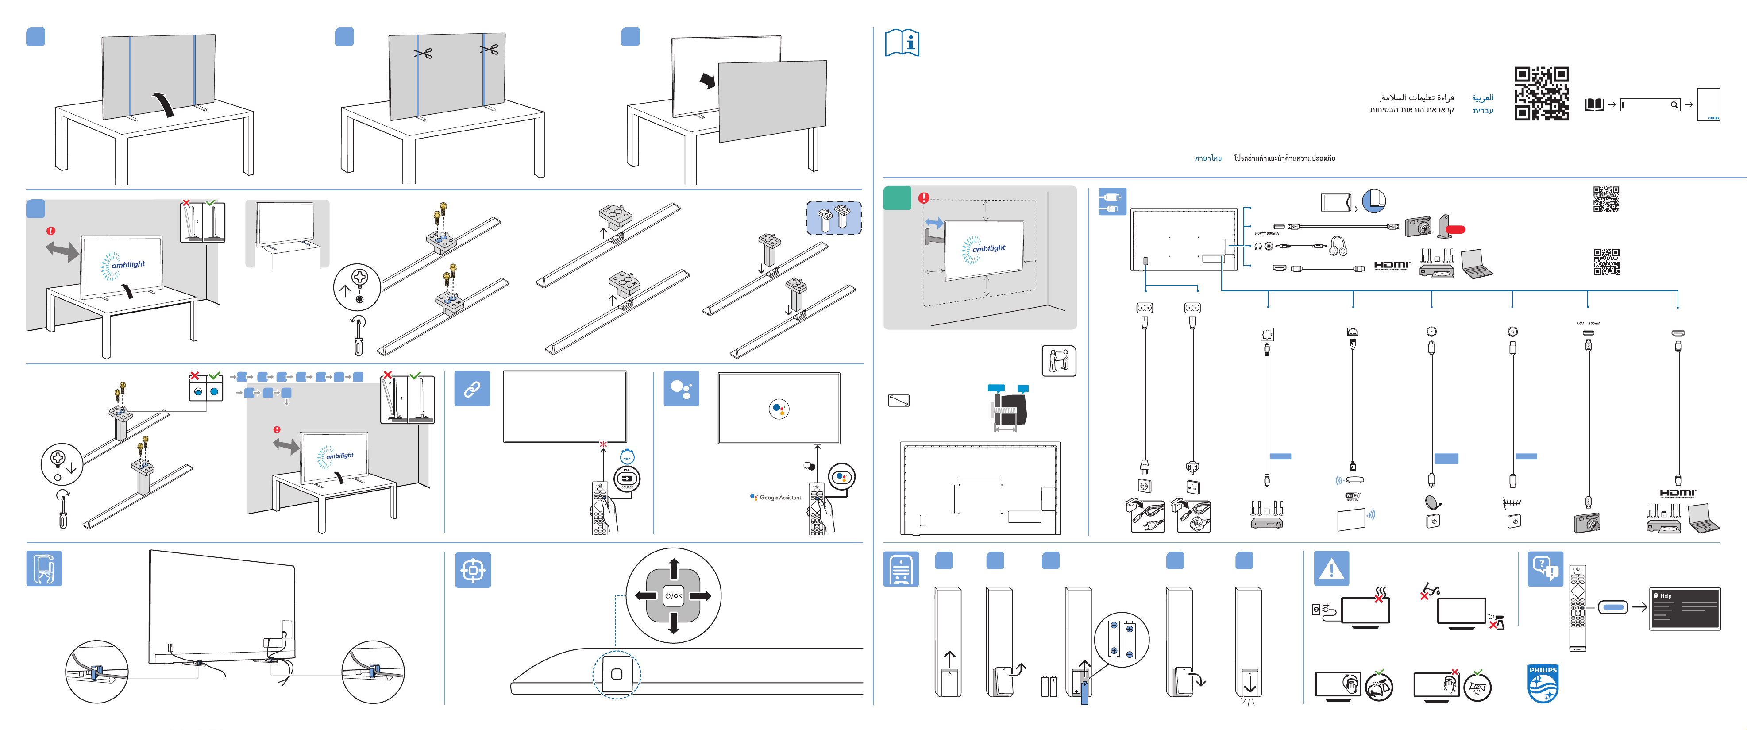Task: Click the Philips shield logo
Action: coord(1543,684)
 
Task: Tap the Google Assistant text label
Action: coord(780,497)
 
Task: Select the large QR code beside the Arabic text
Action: coord(1542,93)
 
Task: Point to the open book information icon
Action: coord(902,43)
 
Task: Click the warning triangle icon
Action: coord(1331,568)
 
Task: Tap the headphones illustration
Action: coord(1338,246)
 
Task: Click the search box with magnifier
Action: coord(1650,104)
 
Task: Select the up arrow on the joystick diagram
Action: coord(673,568)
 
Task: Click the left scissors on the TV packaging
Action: coord(424,53)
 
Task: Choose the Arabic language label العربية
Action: coord(1482,98)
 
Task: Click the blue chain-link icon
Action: coord(472,389)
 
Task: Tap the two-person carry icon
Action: coord(1059,361)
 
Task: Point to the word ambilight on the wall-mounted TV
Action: coord(989,248)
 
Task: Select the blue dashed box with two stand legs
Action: coord(833,218)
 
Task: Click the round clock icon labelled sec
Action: coord(627,458)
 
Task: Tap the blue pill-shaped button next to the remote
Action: coord(1613,607)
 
